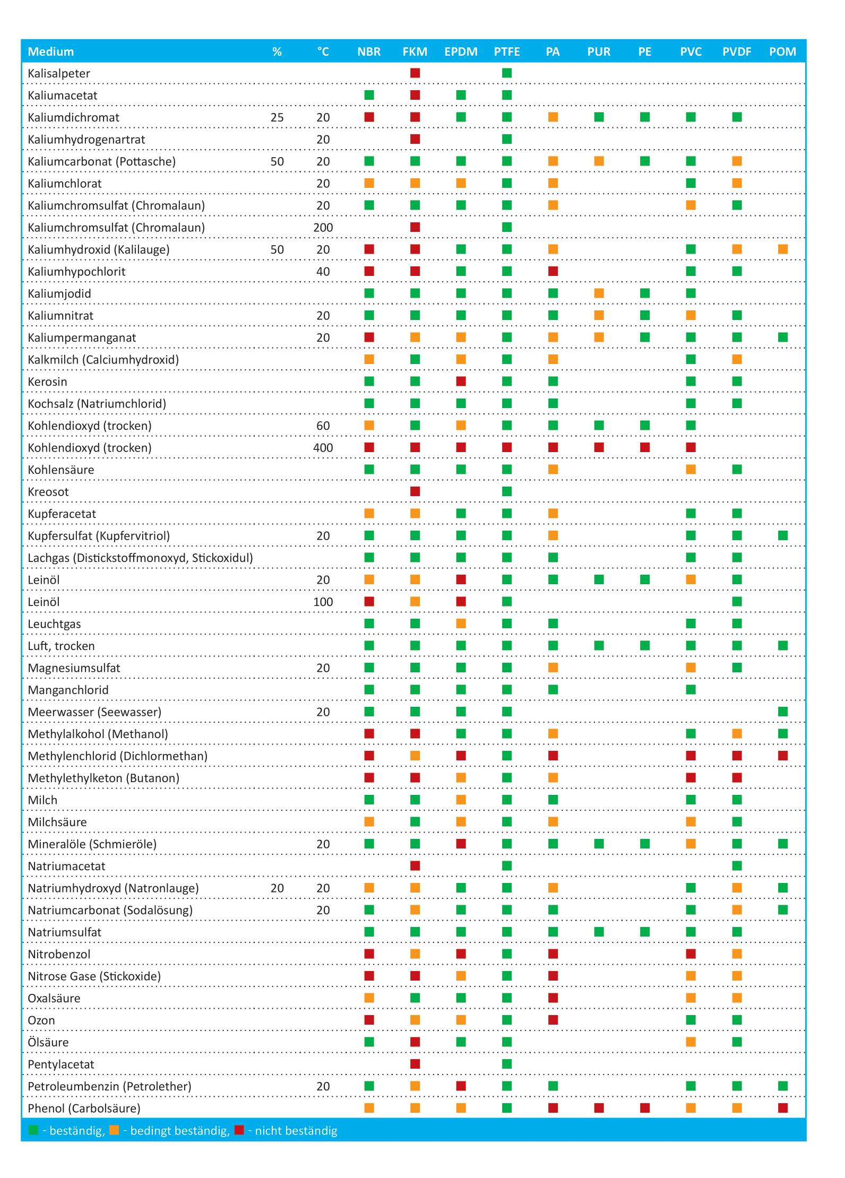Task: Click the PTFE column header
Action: point(507,51)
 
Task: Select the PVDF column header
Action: point(737,51)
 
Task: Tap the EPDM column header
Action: point(461,51)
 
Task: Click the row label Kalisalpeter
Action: point(59,73)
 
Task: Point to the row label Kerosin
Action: point(47,382)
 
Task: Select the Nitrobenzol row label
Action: point(59,954)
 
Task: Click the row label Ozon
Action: point(41,1020)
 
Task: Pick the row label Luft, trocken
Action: point(61,646)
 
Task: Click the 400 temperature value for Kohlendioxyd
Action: point(323,448)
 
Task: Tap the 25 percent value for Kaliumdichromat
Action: point(277,117)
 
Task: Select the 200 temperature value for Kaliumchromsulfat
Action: point(323,228)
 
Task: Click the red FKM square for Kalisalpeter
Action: point(415,73)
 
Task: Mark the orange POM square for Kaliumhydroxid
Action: point(783,249)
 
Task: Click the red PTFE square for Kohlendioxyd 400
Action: point(507,447)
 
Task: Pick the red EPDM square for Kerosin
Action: point(461,381)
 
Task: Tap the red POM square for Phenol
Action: point(783,1108)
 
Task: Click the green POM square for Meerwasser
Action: point(783,712)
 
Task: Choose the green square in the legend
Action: point(33,1130)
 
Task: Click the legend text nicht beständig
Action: point(296,1131)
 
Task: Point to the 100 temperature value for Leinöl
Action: point(323,602)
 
